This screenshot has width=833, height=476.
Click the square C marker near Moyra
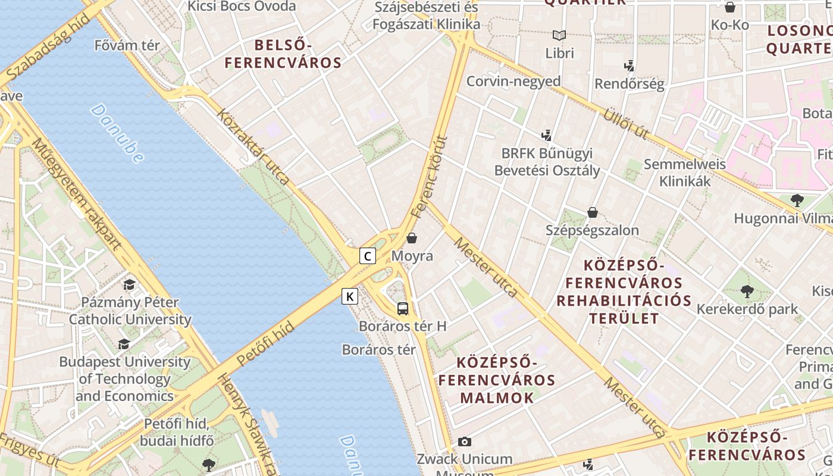pos(368,256)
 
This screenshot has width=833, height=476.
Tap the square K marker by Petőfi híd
pos(350,296)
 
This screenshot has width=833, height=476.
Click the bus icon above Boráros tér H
pos(403,309)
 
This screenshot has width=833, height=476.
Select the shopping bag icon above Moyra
pos(412,238)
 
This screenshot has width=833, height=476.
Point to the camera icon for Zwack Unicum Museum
pos(465,441)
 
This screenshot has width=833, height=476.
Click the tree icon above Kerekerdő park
pos(747,292)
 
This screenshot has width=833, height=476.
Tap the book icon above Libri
pos(559,35)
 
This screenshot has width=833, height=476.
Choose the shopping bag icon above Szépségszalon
pos(593,212)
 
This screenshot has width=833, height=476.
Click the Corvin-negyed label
pos(513,81)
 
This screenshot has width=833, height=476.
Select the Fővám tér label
pos(127,45)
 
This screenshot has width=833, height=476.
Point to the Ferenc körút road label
pos(428,176)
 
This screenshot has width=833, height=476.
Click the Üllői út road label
pos(625,123)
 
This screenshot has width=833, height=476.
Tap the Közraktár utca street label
pos(253,146)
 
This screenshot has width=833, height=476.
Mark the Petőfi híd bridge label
pos(265,343)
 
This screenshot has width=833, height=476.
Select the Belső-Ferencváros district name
pos(283,54)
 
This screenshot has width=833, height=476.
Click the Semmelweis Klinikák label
pos(685,172)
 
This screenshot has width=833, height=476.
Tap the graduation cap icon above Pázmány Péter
pos(129,285)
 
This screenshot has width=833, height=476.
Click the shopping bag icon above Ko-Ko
pos(730,7)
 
